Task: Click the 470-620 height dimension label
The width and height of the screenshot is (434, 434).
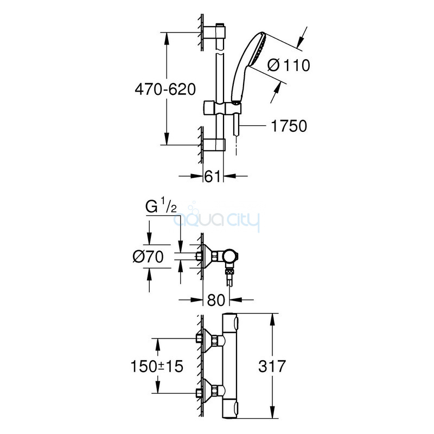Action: pyautogui.click(x=165, y=90)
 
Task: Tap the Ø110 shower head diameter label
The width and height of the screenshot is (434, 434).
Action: pyautogui.click(x=289, y=65)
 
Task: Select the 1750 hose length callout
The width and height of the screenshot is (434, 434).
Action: pyautogui.click(x=289, y=126)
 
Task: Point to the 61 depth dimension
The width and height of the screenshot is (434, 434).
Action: pyautogui.click(x=212, y=176)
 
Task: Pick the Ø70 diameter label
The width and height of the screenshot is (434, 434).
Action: pyautogui.click(x=148, y=257)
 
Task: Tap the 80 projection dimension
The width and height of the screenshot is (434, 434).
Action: pyautogui.click(x=216, y=300)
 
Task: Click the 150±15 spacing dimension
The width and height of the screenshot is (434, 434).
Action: pyautogui.click(x=157, y=366)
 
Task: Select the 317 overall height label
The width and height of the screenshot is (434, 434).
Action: pyautogui.click(x=272, y=366)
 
